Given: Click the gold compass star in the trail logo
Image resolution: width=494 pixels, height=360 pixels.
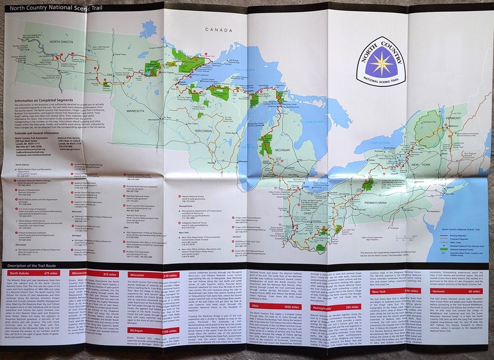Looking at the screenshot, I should [x=380, y=64].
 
